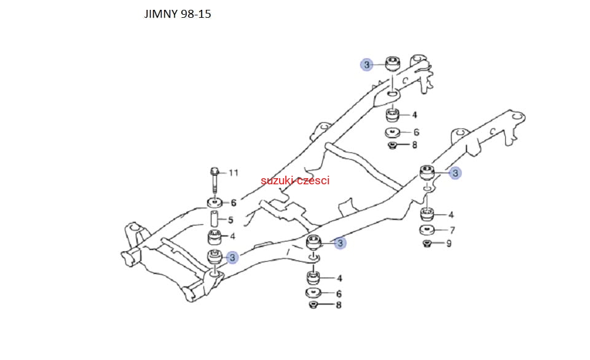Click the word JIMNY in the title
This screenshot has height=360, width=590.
pos(161,14)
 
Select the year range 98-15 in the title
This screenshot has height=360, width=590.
pos(196,14)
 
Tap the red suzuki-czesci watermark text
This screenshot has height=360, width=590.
pos(295,181)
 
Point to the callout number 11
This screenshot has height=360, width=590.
pos(233,173)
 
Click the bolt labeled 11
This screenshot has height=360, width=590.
pos(214,178)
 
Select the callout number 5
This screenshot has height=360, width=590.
pos(230,220)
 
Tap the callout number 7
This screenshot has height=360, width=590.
pos(452,231)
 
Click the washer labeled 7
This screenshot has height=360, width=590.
pos(427,231)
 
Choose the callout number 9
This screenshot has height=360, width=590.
pos(449,244)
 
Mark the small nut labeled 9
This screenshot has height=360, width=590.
pos(427,244)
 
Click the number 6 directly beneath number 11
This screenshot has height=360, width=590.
pos(234,203)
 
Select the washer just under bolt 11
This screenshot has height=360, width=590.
pos(214,203)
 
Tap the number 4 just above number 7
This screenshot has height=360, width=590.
pos(451,215)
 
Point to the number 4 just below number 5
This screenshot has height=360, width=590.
pos(232,236)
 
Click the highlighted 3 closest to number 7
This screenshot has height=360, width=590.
pos(455,173)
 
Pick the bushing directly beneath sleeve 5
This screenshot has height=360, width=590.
pos(214,237)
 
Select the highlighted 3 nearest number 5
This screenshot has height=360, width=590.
pos(232,258)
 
